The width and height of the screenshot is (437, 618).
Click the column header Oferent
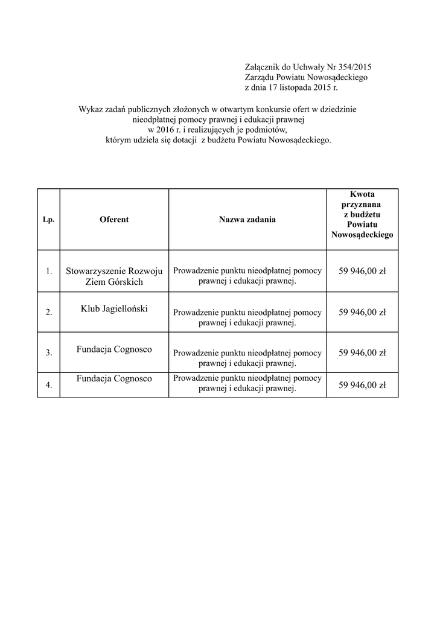[114, 220]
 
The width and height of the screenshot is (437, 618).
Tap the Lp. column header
[49, 220]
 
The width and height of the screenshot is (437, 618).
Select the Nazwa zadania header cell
[247, 220]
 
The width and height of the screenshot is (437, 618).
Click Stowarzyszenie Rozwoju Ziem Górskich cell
[114, 276]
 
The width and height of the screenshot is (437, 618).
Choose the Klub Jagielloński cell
[114, 308]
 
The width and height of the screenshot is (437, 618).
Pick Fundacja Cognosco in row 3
[114, 349]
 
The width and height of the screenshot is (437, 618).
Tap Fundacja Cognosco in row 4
[114, 378]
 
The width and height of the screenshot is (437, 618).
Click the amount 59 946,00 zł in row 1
[362, 271]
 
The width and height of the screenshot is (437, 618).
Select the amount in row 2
[362, 312]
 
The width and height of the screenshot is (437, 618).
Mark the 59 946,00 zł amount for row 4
[362, 384]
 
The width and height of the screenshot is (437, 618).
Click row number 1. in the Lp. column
[49, 272]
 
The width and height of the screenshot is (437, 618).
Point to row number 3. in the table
[49, 352]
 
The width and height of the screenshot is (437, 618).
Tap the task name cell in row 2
[247, 317]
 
